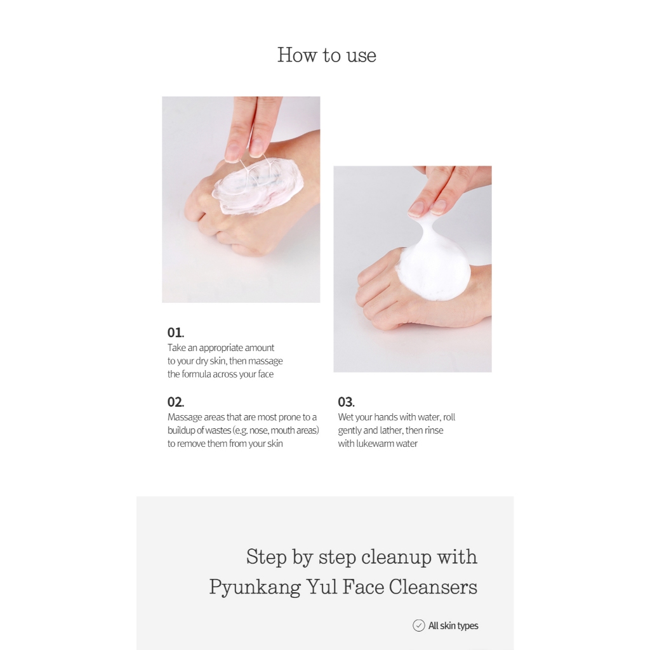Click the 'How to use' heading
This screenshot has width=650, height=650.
pyautogui.click(x=327, y=55)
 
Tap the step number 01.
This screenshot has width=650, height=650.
pyautogui.click(x=176, y=333)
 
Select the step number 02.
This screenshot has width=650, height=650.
pyautogui.click(x=176, y=402)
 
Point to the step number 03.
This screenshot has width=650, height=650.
pyautogui.click(x=346, y=402)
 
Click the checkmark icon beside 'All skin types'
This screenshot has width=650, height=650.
pyautogui.click(x=419, y=625)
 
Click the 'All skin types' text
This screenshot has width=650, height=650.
pyautogui.click(x=453, y=626)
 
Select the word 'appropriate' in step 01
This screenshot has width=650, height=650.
pyautogui.click(x=221, y=348)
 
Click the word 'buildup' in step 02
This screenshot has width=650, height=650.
pyautogui.click(x=182, y=431)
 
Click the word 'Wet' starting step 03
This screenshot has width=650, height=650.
pyautogui.click(x=345, y=417)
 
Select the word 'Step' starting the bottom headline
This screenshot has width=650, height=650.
pyautogui.click(x=266, y=557)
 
